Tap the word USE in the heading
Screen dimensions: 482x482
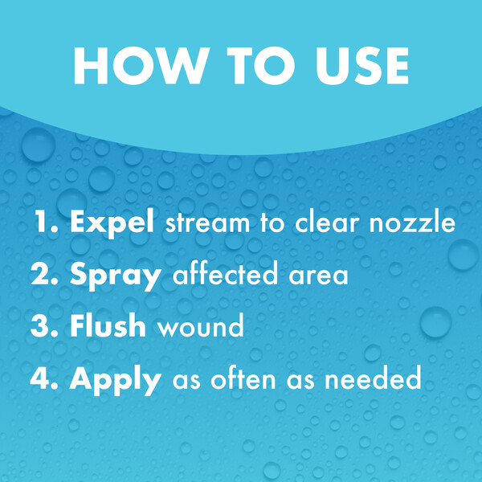point(362,66)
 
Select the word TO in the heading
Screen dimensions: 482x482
point(260,66)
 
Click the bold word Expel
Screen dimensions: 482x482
point(112,223)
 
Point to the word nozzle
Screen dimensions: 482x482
point(412,223)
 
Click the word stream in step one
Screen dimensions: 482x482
point(207,223)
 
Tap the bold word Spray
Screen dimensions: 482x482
point(116,276)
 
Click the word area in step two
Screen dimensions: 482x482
point(318,276)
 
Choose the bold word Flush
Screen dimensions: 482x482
point(108,325)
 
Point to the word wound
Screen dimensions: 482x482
point(201,325)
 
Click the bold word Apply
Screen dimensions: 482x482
point(116,380)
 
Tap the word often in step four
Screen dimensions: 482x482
point(243,378)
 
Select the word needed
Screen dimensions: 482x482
point(373,378)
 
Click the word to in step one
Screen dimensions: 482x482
point(272,223)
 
